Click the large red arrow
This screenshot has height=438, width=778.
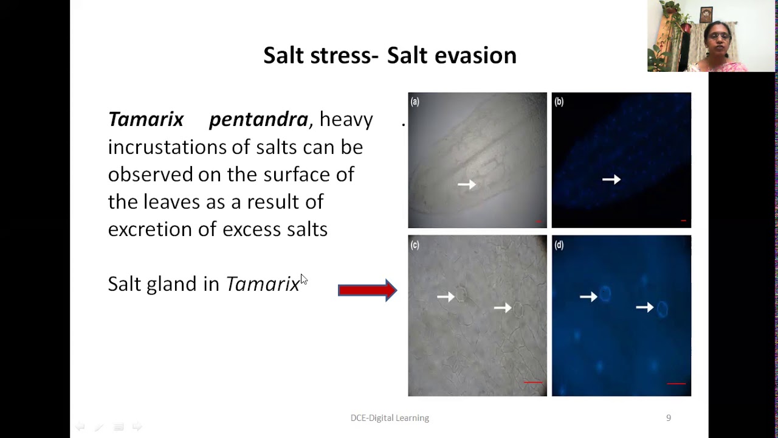[x=367, y=290]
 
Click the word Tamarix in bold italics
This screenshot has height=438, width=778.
[x=146, y=119]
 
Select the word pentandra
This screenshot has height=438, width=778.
[x=258, y=119]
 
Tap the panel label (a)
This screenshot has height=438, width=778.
[x=415, y=102]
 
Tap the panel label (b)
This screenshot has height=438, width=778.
[x=559, y=102]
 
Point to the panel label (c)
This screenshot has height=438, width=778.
[x=415, y=245]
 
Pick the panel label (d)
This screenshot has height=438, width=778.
[x=559, y=245]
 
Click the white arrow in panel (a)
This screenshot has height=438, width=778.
[x=467, y=184]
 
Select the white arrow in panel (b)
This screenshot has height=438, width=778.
[x=611, y=179]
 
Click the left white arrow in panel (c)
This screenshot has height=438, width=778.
[x=446, y=296]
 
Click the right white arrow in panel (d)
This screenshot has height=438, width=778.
[x=644, y=308]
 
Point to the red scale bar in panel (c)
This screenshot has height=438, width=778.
[x=533, y=383]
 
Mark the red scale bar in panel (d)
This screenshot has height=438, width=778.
[x=676, y=384]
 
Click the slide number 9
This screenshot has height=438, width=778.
[x=669, y=418]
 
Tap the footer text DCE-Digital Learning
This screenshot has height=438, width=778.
[x=390, y=418]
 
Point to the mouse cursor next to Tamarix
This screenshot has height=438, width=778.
[x=304, y=279]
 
